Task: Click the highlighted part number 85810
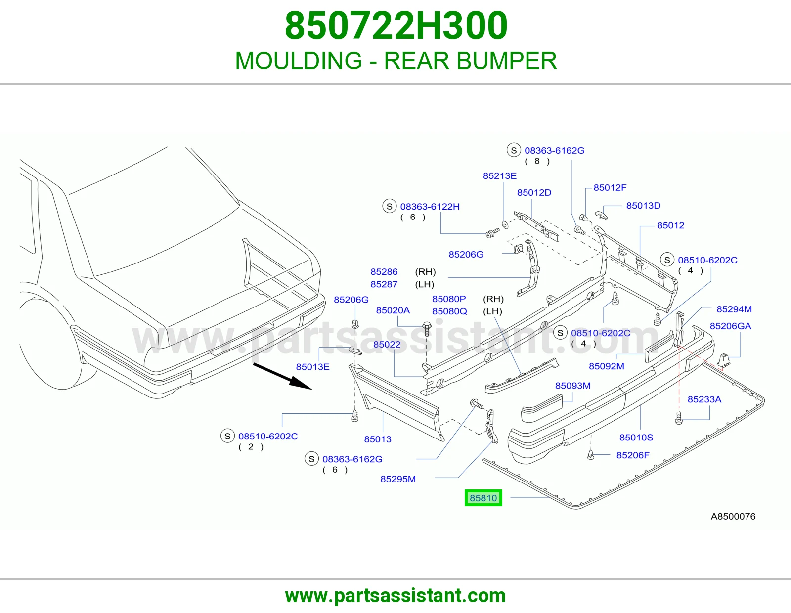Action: click(x=483, y=498)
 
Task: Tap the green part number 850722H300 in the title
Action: click(x=396, y=26)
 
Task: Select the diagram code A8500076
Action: click(x=733, y=516)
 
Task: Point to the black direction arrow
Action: click(x=282, y=376)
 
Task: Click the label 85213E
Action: click(x=499, y=176)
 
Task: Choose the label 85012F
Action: click(x=610, y=187)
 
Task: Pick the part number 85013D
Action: click(x=643, y=205)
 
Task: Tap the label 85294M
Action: click(x=734, y=309)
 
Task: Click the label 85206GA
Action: click(x=730, y=326)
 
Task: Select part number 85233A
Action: click(x=704, y=399)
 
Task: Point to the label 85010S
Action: click(x=636, y=437)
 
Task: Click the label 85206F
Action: click(x=633, y=455)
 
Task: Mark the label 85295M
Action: click(x=398, y=479)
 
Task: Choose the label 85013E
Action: click(x=312, y=366)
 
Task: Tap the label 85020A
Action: click(x=393, y=310)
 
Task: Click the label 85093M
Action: click(x=572, y=386)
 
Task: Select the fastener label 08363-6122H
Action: click(x=430, y=207)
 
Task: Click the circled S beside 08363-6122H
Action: click(x=389, y=206)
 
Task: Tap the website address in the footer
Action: click(x=395, y=596)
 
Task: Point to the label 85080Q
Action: click(x=449, y=311)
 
